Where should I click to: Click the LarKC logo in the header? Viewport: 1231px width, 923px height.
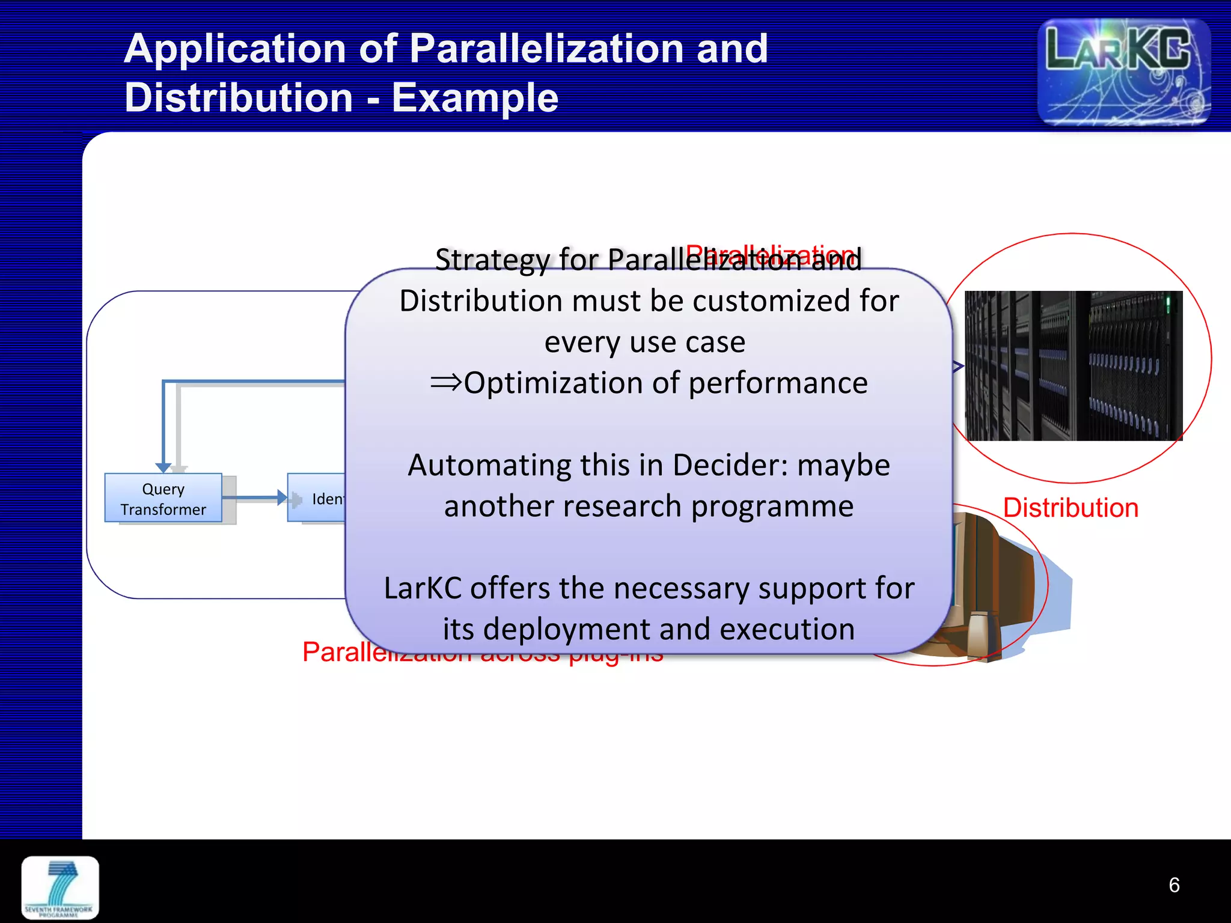click(1123, 72)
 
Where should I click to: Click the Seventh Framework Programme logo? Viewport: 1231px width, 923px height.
click(60, 888)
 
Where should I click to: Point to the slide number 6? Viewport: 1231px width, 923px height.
click(1174, 885)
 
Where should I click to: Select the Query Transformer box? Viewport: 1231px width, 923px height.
click(163, 498)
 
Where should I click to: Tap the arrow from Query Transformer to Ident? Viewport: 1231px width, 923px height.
click(255, 498)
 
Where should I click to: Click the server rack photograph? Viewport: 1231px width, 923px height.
click(1074, 365)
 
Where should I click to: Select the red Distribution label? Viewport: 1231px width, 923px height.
click(1071, 508)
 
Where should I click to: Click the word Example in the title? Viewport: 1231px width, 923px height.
click(475, 98)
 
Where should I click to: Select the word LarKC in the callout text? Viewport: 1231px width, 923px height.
click(423, 588)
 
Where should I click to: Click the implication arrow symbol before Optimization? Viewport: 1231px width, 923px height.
click(446, 382)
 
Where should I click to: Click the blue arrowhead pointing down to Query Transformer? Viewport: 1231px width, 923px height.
click(163, 468)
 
